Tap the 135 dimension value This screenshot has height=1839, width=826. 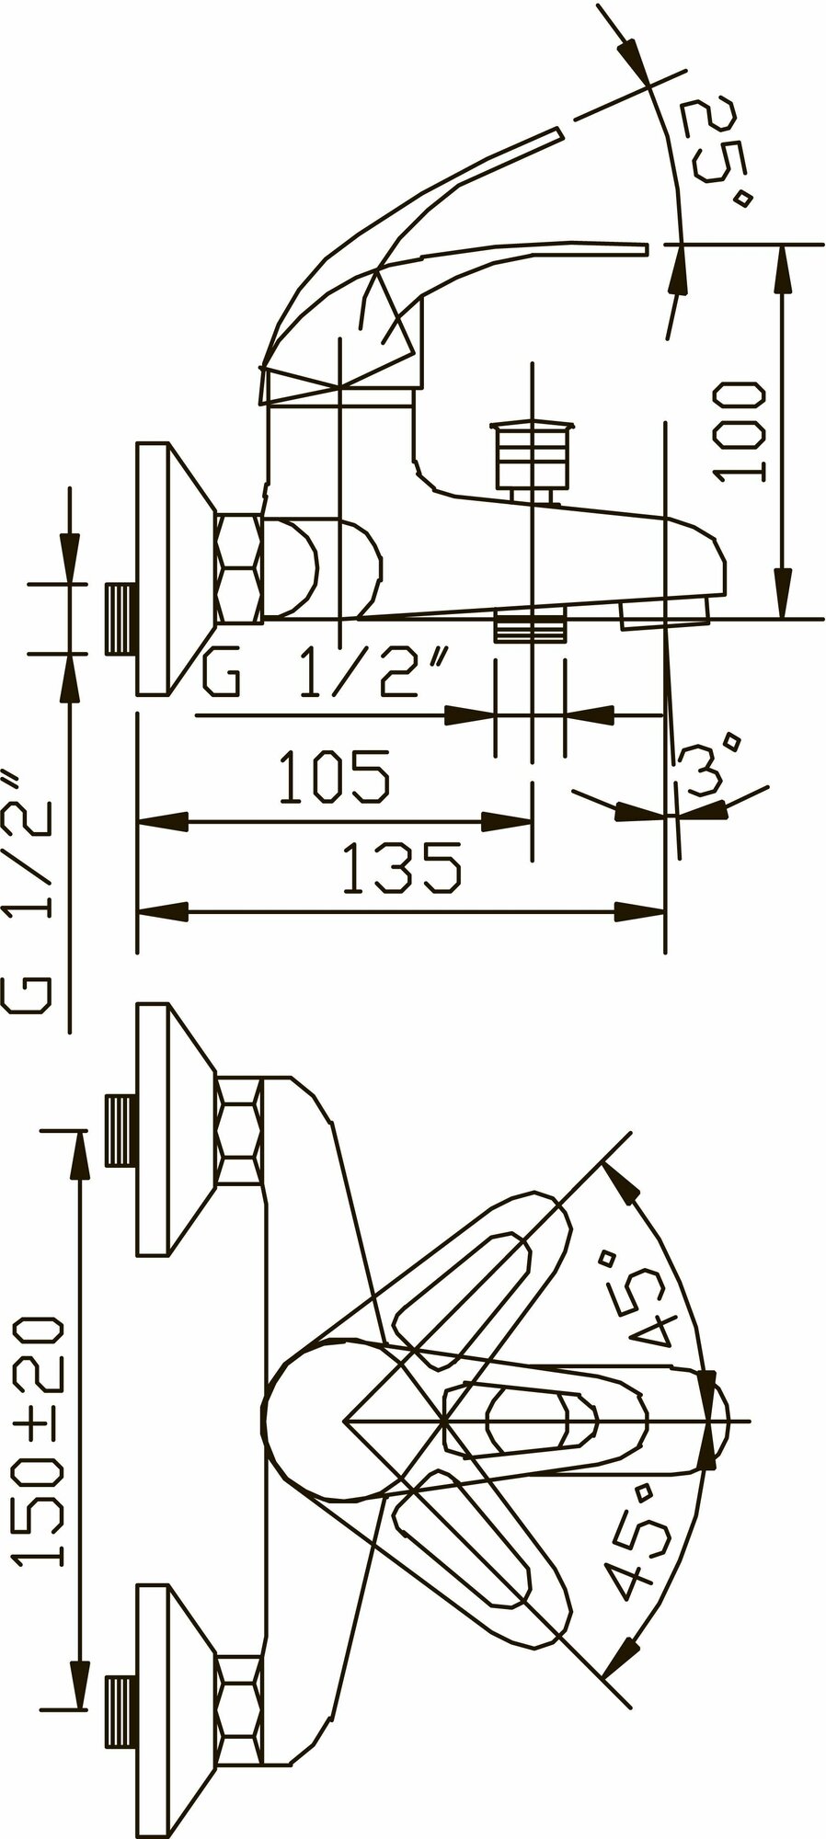click(x=401, y=870)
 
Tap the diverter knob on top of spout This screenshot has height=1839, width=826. click(x=533, y=456)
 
